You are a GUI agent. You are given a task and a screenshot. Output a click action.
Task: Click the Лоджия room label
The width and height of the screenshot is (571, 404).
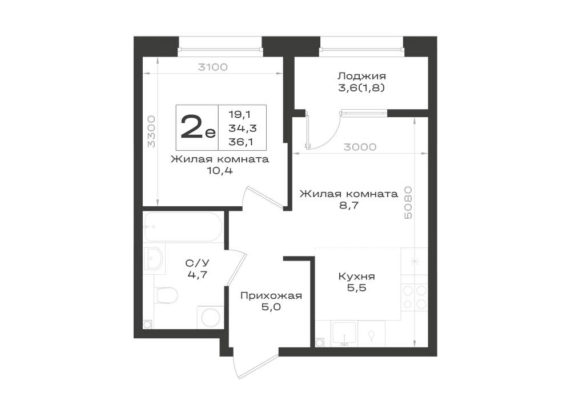361,77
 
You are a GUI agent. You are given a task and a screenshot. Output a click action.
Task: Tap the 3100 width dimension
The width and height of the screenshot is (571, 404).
212,67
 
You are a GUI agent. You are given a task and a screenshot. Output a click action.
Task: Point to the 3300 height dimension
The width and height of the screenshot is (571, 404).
151,131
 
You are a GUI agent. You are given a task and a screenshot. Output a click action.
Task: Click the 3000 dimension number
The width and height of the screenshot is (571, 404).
360,147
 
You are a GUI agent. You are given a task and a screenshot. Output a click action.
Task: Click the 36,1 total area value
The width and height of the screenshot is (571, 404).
241,141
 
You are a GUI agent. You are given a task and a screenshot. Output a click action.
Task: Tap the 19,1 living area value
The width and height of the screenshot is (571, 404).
239,114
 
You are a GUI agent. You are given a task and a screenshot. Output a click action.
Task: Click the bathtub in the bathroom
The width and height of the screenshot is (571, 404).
183,227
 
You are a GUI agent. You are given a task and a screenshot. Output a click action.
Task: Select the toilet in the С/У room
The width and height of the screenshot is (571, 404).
166,295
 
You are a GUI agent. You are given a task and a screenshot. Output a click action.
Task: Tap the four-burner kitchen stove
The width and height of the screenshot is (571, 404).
415,297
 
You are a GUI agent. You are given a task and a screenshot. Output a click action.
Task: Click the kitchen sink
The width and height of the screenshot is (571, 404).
344,333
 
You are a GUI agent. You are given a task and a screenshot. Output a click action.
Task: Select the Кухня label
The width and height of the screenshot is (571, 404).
356,276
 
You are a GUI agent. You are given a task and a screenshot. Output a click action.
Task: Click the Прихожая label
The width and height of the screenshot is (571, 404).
271,295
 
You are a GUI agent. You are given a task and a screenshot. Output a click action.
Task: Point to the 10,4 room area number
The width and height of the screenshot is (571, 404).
220,170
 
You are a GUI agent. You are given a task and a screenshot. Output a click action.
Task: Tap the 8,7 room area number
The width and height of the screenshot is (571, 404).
348,206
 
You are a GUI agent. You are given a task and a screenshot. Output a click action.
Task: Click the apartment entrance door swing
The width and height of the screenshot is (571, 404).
255,365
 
